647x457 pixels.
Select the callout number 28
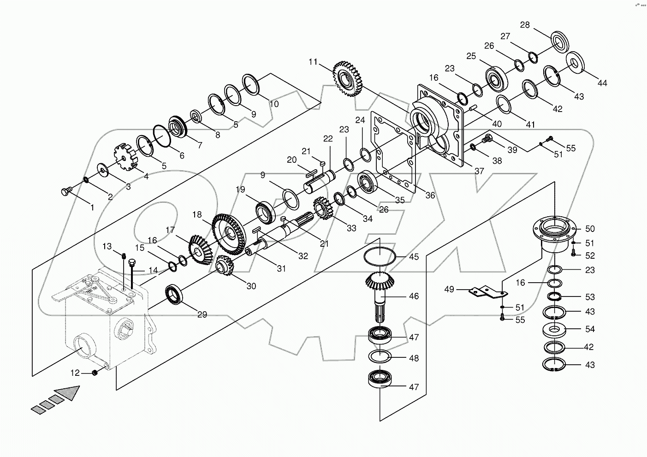pos(525,25)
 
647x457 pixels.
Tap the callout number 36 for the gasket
pos(430,196)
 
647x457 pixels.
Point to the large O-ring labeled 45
pos(380,257)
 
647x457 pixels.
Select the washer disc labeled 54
pos(558,329)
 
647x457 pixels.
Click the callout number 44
pos(602,83)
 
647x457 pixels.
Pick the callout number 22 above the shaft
pos(327,139)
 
